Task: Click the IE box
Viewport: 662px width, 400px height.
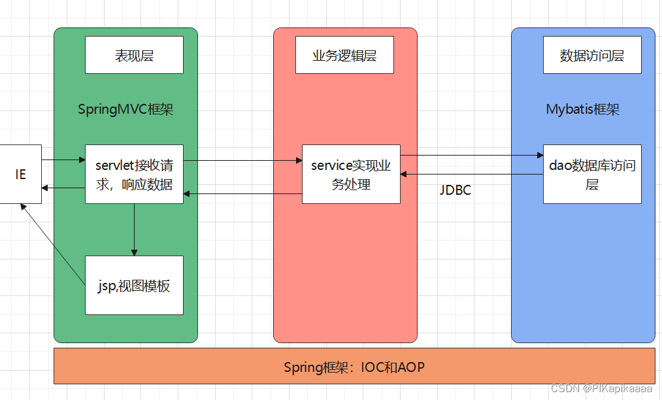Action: pyautogui.click(x=20, y=175)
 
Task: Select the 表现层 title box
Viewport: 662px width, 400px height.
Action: pyautogui.click(x=134, y=55)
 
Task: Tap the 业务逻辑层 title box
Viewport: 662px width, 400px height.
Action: pyautogui.click(x=344, y=55)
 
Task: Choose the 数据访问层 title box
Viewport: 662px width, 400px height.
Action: pyautogui.click(x=592, y=55)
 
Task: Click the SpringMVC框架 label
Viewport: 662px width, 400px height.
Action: pyautogui.click(x=125, y=109)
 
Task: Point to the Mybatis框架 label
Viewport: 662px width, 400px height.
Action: pyautogui.click(x=582, y=109)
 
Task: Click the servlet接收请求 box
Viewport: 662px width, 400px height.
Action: pyautogui.click(x=134, y=174)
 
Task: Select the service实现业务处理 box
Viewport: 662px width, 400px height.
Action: pyautogui.click(x=351, y=175)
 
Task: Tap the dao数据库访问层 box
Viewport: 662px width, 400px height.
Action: pyautogui.click(x=592, y=174)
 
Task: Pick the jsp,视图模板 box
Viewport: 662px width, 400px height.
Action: pyautogui.click(x=134, y=285)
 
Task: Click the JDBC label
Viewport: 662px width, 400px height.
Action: pyautogui.click(x=455, y=191)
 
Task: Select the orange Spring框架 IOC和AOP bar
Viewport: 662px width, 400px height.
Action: pyautogui.click(x=354, y=366)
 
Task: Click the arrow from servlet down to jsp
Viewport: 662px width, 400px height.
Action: pyautogui.click(x=134, y=229)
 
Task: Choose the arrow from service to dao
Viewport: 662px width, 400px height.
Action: pyautogui.click(x=471, y=156)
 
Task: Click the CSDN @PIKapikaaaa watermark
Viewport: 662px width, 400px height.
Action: pyautogui.click(x=601, y=388)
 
